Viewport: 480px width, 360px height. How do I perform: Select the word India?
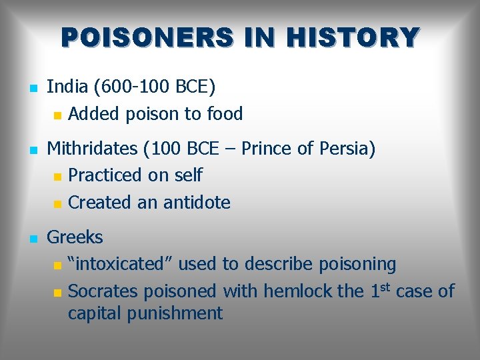click(x=67, y=87)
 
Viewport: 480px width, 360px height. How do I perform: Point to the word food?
click(x=225, y=114)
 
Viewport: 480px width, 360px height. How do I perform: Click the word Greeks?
click(x=75, y=237)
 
